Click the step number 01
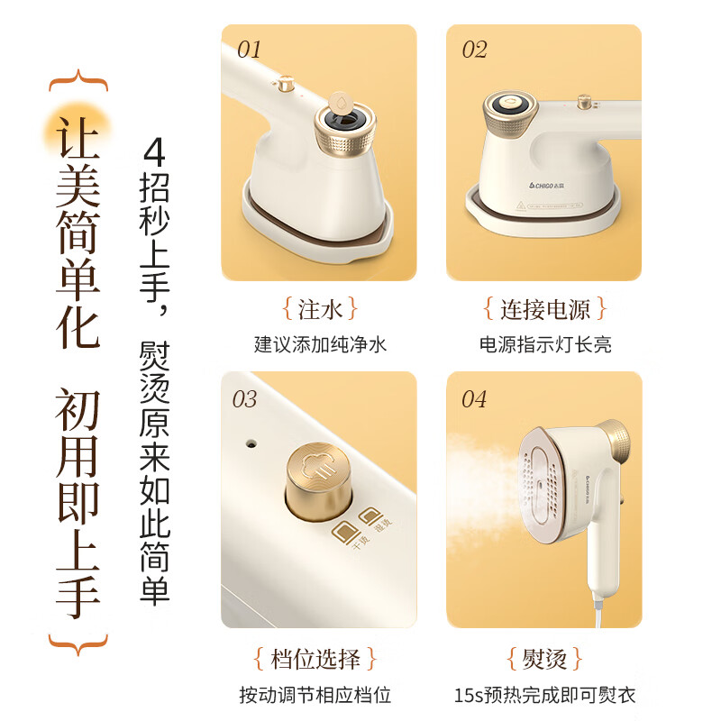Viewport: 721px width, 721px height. [250, 49]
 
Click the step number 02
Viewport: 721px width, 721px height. [475, 49]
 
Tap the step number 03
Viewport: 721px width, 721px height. [245, 399]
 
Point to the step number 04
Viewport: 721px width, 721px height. [474, 399]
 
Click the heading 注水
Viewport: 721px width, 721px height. [320, 310]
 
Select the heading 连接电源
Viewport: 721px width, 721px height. [545, 310]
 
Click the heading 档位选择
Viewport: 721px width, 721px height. [320, 658]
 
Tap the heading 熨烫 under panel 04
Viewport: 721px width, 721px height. [545, 658]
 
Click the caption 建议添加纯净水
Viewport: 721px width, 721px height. [320, 344]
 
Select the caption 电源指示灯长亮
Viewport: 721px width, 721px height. [545, 344]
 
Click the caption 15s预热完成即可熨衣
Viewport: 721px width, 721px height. [545, 695]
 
